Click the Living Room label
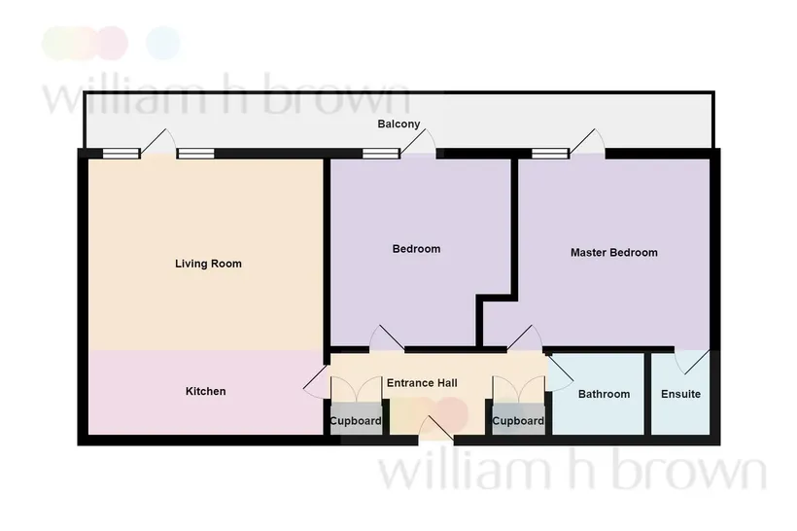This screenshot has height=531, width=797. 208,264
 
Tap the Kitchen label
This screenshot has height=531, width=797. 205,391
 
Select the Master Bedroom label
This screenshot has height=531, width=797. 614,252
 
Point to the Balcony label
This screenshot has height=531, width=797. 398,124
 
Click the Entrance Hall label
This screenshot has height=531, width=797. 422,383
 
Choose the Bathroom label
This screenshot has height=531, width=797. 604,394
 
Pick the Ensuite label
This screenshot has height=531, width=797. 680,394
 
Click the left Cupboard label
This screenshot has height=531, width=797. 356,421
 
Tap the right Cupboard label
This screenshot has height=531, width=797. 518,421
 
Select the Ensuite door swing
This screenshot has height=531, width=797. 692,362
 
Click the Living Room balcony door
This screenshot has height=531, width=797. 157,141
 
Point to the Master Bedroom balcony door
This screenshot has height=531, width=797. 587,141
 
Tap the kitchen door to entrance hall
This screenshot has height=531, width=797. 316,381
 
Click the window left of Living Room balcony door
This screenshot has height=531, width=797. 121,154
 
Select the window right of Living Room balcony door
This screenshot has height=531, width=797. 195,154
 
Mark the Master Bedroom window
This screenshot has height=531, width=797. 550,154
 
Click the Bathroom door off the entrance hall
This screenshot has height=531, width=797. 560,372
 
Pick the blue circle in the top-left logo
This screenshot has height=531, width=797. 163,43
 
